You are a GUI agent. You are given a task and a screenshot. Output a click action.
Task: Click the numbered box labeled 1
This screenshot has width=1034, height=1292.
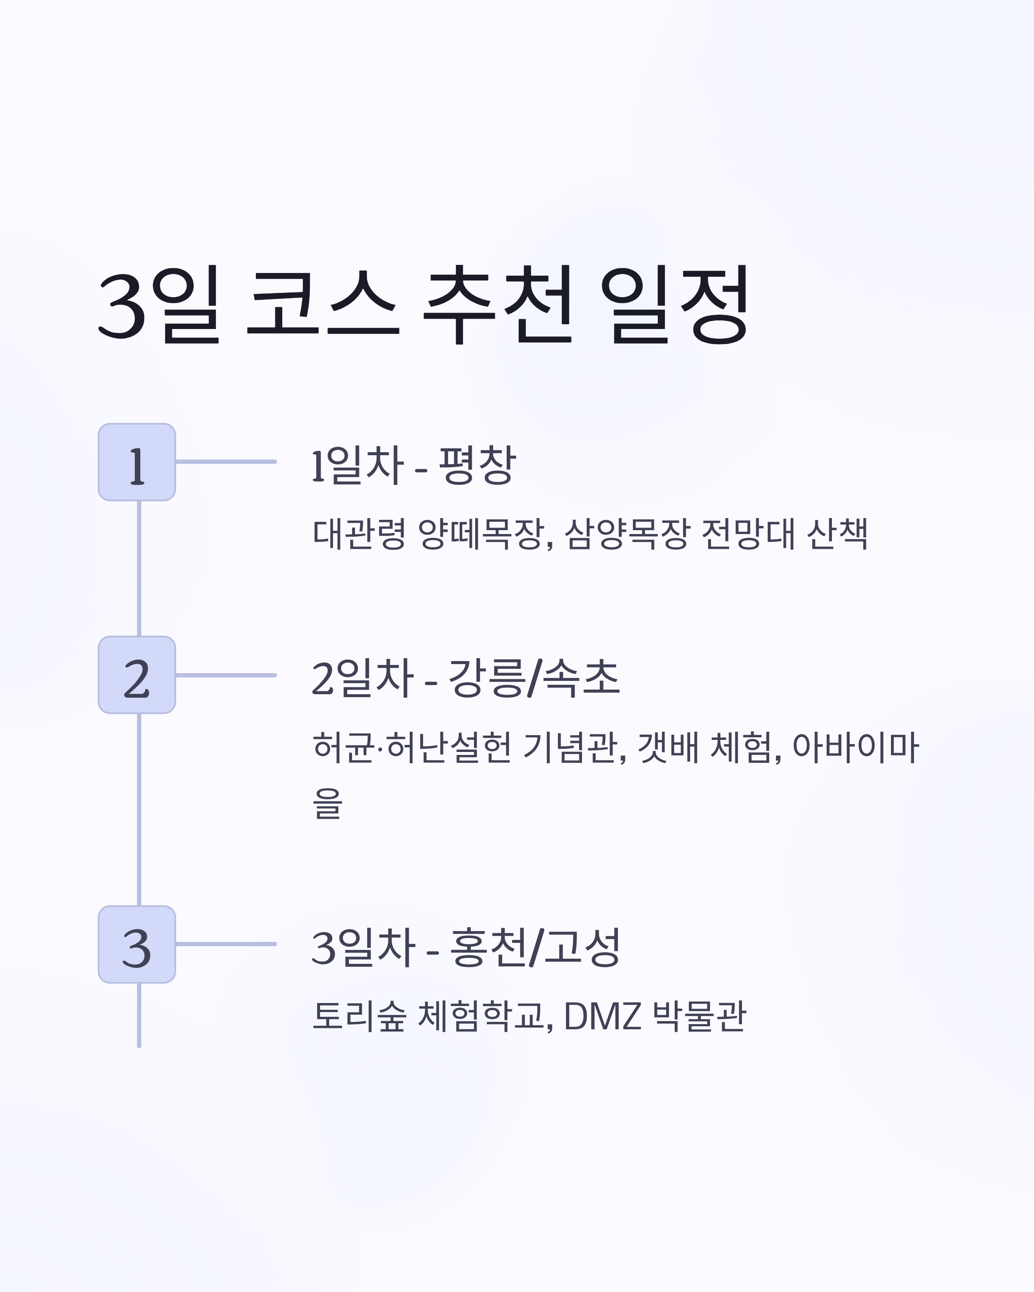pyautogui.click(x=137, y=462)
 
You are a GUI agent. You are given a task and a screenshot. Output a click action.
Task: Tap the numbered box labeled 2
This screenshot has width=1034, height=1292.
pyautogui.click(x=137, y=675)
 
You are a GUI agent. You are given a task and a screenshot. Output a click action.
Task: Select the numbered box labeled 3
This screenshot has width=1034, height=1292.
pyautogui.click(x=137, y=944)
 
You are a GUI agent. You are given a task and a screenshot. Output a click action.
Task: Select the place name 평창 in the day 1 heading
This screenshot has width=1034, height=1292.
pyautogui.click(x=477, y=464)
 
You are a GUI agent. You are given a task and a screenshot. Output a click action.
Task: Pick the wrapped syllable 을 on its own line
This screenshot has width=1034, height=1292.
pyautogui.click(x=327, y=803)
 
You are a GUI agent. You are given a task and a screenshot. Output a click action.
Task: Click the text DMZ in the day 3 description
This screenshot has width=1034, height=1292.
pyautogui.click(x=602, y=1016)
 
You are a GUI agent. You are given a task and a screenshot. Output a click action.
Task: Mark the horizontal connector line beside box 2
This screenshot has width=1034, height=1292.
pyautogui.click(x=226, y=675)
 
